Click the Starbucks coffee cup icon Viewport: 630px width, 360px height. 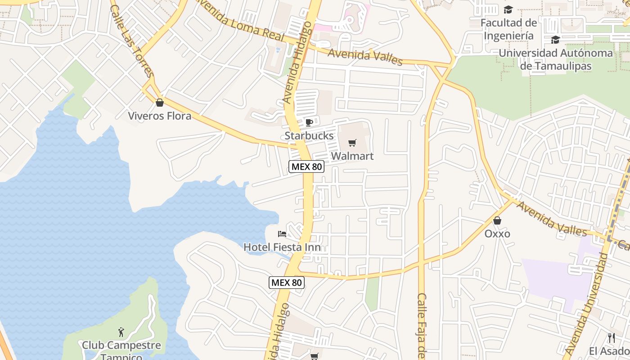click(309, 122)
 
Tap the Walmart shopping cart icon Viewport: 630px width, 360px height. click(352, 143)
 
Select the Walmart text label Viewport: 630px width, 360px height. click(352, 156)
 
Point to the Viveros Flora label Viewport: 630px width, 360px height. click(159, 116)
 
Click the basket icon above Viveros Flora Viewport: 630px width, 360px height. click(159, 103)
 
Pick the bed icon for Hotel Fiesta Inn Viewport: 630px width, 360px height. click(282, 234)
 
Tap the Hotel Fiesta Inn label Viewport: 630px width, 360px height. click(282, 247)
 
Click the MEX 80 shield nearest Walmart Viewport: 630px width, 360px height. click(306, 166)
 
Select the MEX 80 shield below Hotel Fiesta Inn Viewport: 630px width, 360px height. click(287, 283)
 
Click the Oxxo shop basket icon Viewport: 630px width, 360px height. click(497, 220)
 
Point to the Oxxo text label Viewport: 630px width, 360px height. click(497, 234)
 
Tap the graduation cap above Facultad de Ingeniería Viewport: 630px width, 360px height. click(508, 9)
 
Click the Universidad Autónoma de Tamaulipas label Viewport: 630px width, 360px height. click(555, 59)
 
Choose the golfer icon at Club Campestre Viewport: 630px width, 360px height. click(121, 333)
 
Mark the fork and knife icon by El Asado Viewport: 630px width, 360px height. click(611, 338)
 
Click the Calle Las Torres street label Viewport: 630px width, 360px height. click(132, 41)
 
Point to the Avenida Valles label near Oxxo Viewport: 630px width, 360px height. click(552, 219)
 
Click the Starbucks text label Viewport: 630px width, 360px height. click(309, 135)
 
